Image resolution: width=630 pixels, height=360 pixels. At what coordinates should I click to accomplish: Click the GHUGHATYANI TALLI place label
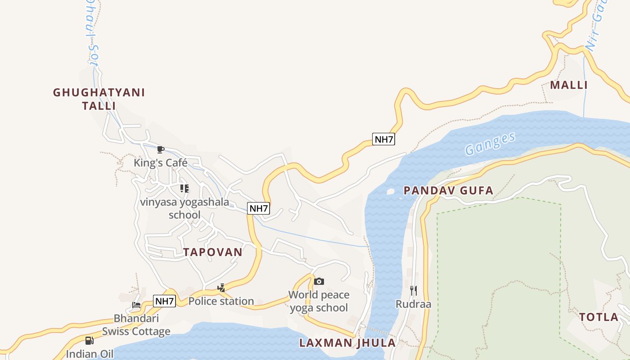click(99, 99)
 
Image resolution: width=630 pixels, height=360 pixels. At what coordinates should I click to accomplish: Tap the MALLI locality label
click(569, 85)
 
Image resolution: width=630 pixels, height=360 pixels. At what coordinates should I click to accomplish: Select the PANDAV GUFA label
click(448, 190)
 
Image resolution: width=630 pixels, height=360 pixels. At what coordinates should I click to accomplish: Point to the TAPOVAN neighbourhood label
click(213, 252)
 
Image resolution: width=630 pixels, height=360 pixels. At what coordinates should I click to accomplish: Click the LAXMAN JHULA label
click(347, 343)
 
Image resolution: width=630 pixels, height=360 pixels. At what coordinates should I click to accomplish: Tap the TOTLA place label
click(598, 317)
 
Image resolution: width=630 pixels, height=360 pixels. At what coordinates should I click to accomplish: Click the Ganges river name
click(490, 144)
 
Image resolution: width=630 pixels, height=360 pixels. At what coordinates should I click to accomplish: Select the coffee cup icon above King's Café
click(160, 149)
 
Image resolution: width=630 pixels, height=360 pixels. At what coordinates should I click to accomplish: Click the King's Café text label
click(160, 162)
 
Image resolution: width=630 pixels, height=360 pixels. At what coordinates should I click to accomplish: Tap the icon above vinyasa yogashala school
click(184, 189)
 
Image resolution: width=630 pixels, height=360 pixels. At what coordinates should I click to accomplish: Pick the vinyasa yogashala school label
click(184, 208)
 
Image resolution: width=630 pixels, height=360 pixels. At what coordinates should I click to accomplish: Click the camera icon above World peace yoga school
click(319, 282)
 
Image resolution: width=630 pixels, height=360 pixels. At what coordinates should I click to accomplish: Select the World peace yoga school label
click(319, 301)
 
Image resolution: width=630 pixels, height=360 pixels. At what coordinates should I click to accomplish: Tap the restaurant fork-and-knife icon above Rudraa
click(413, 291)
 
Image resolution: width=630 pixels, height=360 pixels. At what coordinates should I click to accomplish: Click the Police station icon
click(221, 288)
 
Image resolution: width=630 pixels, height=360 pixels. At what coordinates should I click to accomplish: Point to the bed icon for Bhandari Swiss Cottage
click(136, 305)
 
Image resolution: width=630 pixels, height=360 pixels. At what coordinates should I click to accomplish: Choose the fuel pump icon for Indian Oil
click(90, 341)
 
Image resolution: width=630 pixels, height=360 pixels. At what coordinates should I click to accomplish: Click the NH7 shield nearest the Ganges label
click(383, 139)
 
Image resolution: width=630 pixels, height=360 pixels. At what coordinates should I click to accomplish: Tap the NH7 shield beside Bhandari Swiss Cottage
click(164, 301)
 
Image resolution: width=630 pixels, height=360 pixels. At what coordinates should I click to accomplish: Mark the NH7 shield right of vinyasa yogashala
click(258, 208)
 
